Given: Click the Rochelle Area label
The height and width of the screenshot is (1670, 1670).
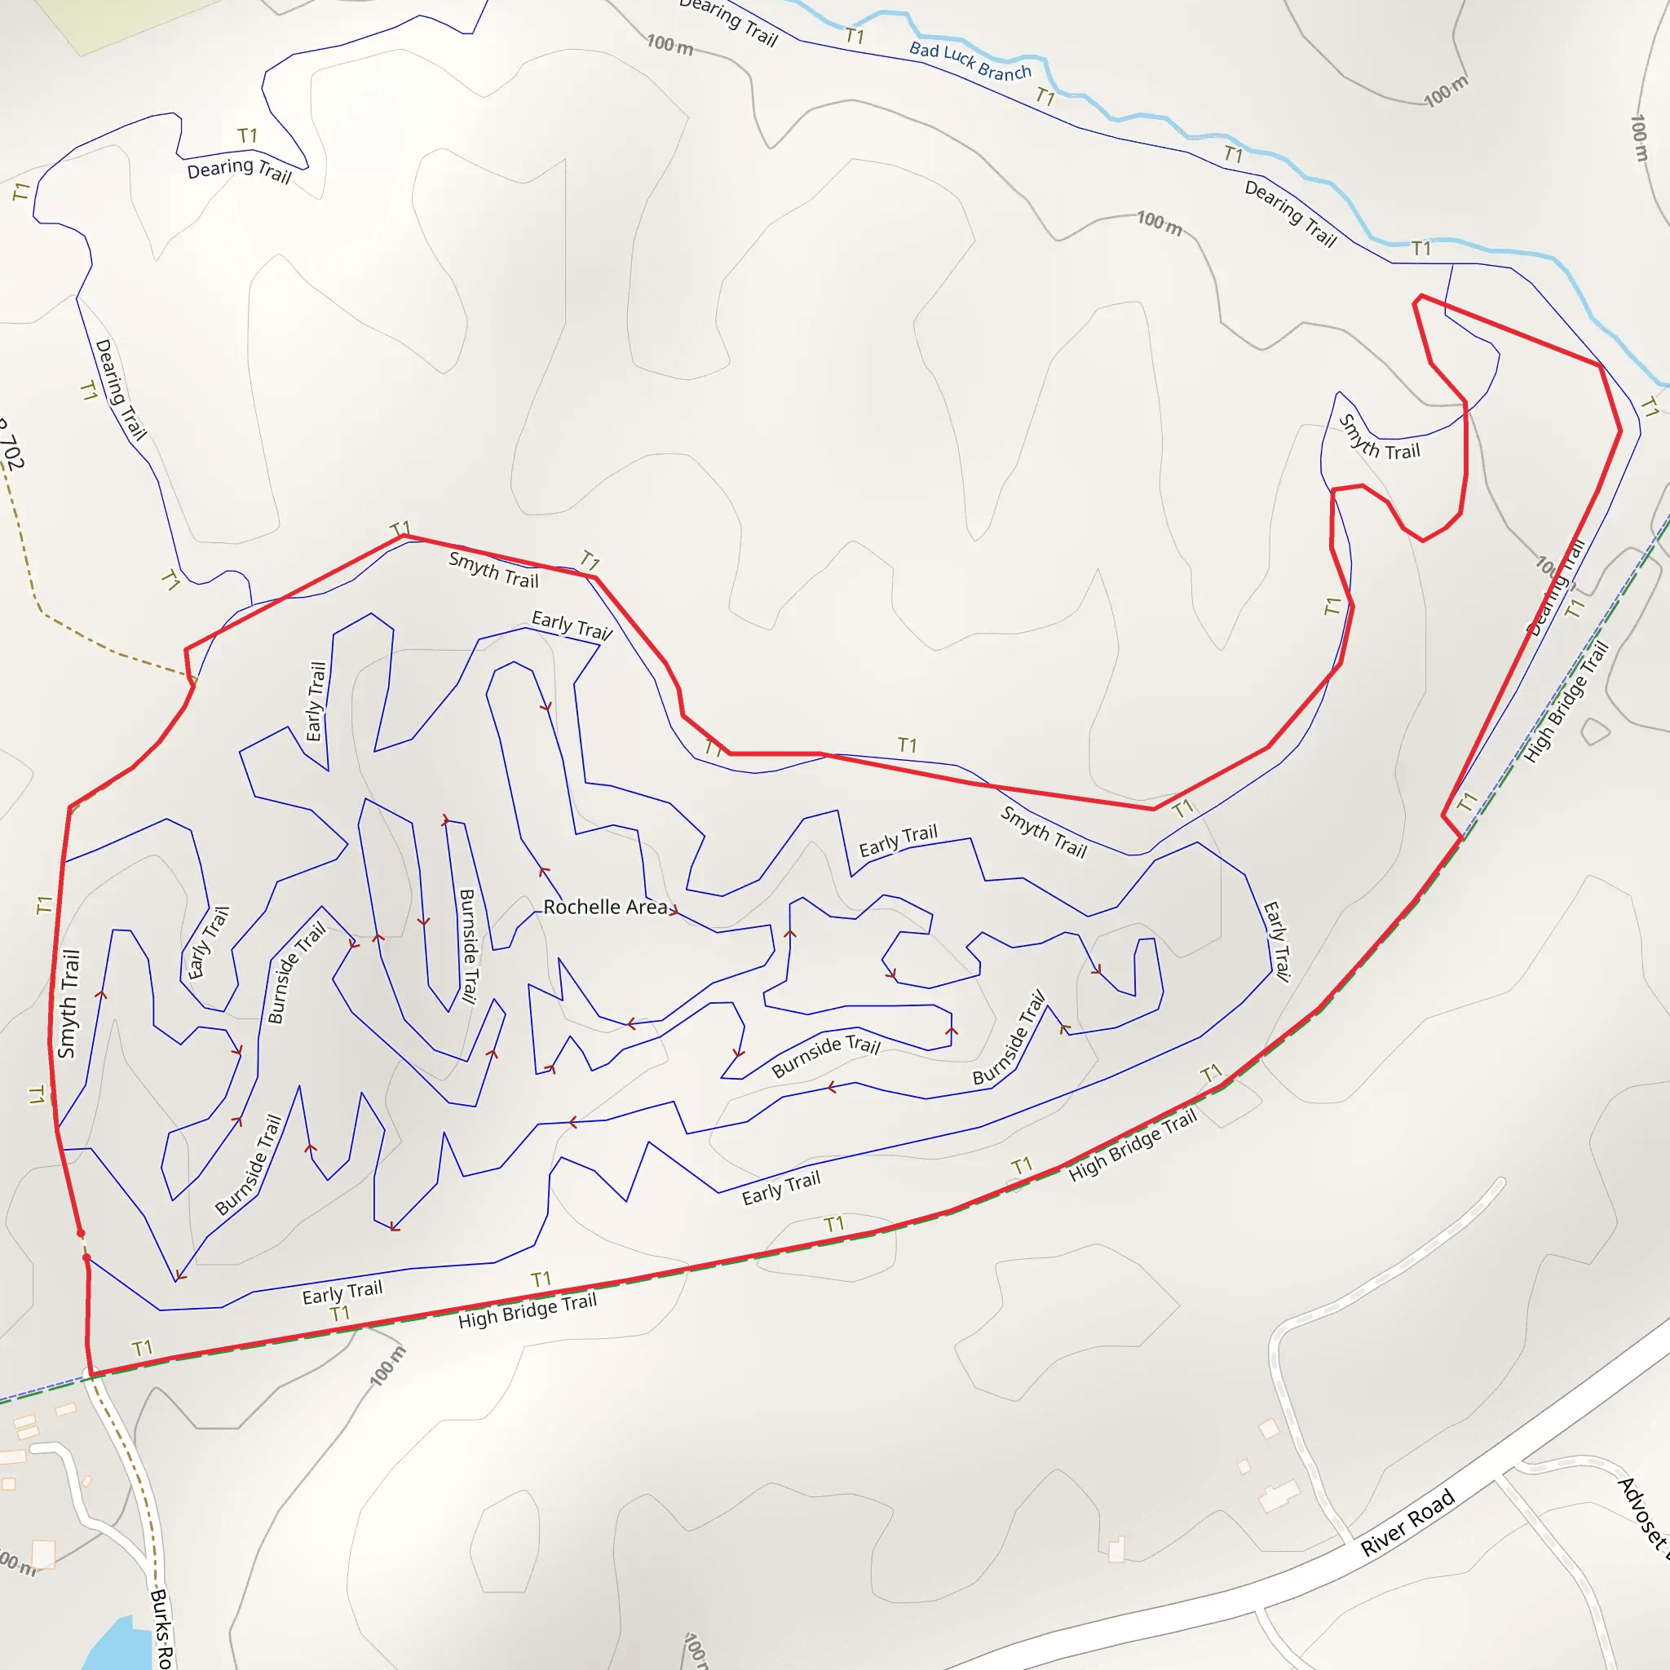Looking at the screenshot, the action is point(605,907).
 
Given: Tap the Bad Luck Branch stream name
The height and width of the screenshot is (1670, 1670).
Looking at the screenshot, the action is point(970,60).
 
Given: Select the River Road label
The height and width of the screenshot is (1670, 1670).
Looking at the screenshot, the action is point(1407,1522).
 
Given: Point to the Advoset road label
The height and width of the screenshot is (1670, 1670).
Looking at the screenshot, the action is point(1641,1513).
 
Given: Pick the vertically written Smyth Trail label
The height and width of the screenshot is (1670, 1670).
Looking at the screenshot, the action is point(68,1004).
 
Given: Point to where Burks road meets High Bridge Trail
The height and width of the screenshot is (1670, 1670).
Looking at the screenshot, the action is point(91,1373).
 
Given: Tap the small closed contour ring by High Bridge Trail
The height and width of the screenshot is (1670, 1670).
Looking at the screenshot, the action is point(1595,731).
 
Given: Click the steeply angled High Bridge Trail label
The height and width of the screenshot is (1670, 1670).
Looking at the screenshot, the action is point(1566,702).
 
